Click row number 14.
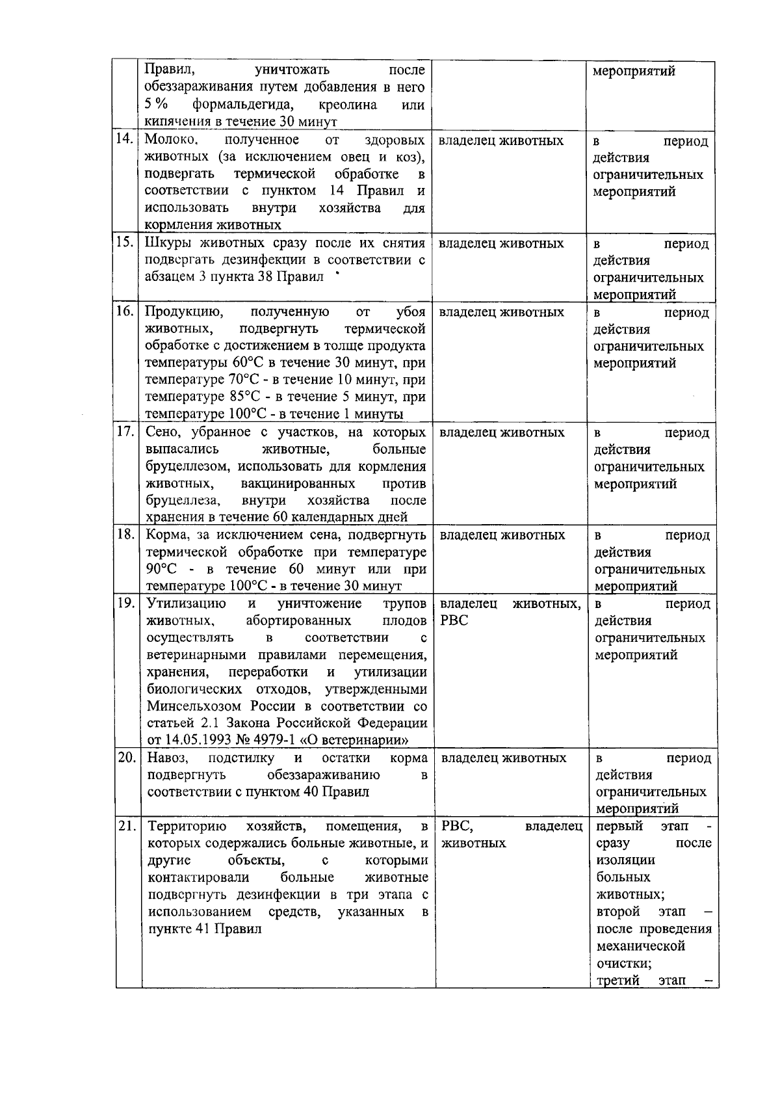click(125, 139)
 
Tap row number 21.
click(126, 827)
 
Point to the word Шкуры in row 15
click(166, 243)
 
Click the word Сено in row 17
click(161, 432)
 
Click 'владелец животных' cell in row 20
click(503, 758)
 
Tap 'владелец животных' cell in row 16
click(501, 312)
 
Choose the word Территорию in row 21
click(187, 827)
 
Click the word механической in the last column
click(640, 946)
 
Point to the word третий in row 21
click(617, 980)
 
